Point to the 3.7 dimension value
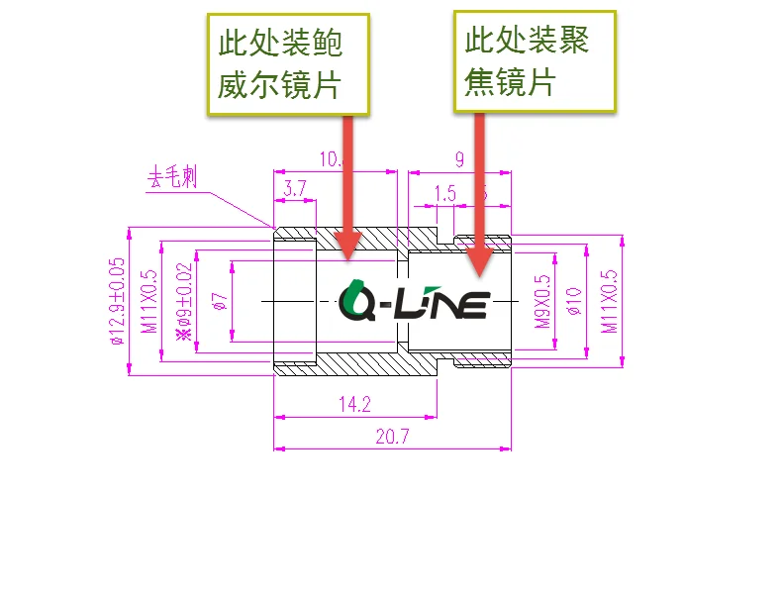[294, 188]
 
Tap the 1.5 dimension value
[445, 194]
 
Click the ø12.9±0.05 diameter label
[118, 301]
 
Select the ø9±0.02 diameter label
[183, 301]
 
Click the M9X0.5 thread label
[541, 301]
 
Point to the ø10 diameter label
[571, 301]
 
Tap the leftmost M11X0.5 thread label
[150, 301]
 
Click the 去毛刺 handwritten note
[172, 178]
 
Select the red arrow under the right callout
[479, 193]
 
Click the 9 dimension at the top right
[459, 158]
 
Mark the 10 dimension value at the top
[331, 158]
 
